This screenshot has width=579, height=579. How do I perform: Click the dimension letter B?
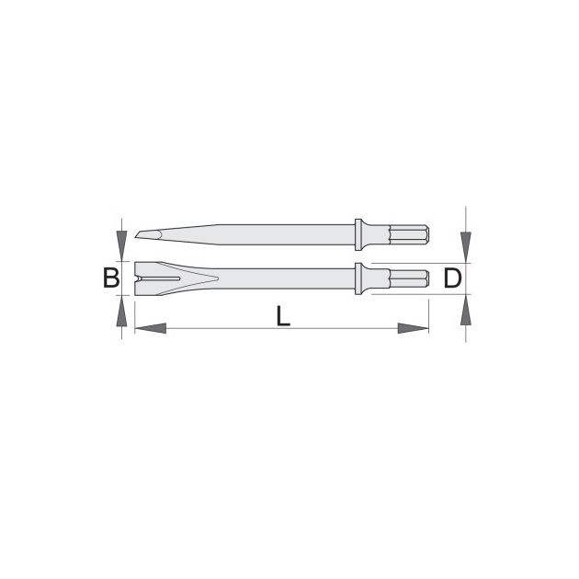111,278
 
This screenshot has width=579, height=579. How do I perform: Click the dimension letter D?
452,278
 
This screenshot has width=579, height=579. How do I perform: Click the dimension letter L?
283,316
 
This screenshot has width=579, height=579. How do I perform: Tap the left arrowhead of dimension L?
151,328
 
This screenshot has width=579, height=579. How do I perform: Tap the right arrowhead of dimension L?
414,328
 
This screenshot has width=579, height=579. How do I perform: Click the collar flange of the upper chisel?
358,235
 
